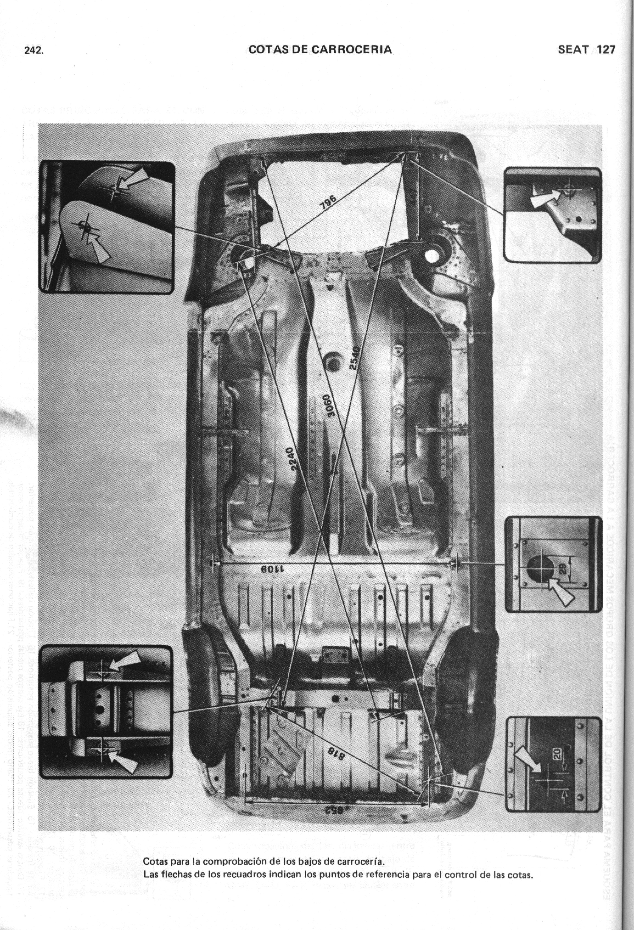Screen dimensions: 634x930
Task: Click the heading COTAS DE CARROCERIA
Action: [320, 50]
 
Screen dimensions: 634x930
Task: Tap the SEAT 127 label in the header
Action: [586, 50]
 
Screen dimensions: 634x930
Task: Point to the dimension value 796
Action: [329, 203]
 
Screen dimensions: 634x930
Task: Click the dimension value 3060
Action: [329, 406]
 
